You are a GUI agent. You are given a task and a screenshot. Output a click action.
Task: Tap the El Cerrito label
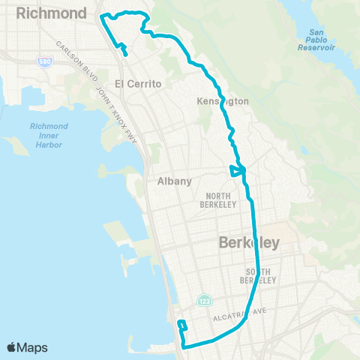139,84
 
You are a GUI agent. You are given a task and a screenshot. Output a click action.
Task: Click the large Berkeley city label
248,242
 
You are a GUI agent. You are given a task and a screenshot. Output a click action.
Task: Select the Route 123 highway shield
205,300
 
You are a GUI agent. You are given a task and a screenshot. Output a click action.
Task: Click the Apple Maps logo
28,347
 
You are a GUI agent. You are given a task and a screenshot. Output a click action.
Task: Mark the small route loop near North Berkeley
236,172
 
